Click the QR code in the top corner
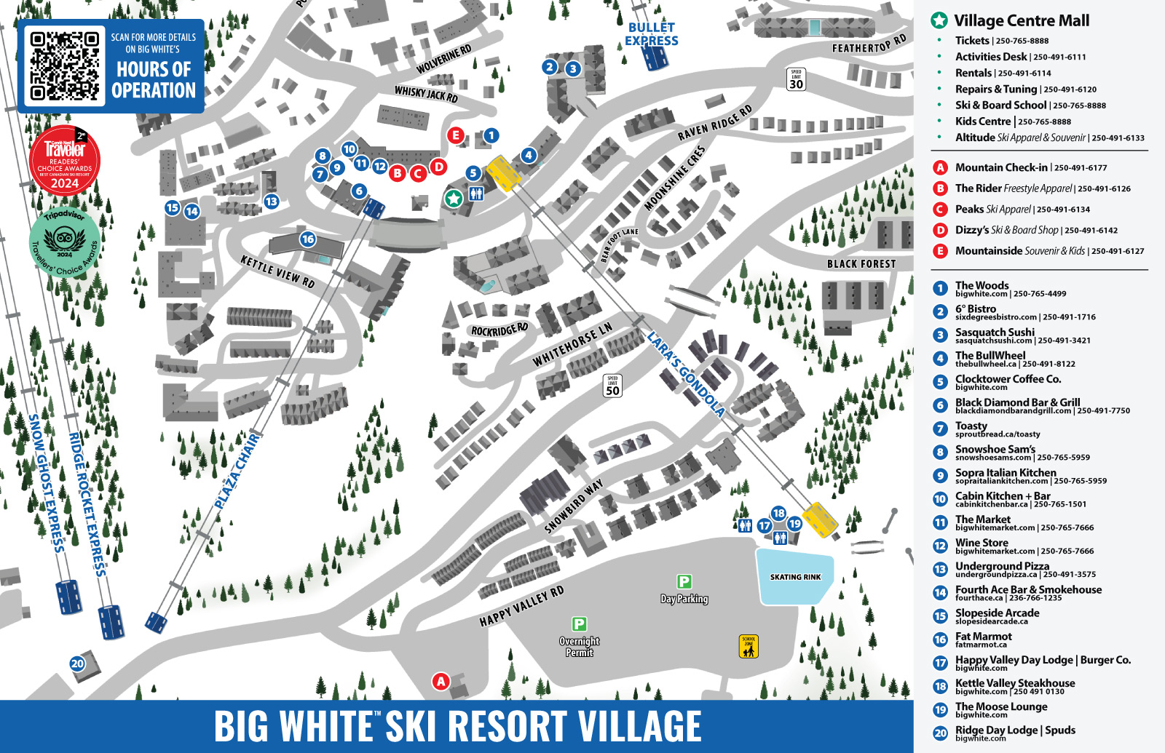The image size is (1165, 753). click(x=64, y=65)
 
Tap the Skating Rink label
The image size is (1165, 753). click(x=795, y=577)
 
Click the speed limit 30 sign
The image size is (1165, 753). click(x=796, y=79)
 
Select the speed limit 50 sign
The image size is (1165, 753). click(x=612, y=386)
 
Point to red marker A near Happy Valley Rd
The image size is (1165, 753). click(x=441, y=681)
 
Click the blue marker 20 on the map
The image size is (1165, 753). click(x=77, y=664)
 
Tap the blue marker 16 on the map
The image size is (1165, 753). click(x=307, y=239)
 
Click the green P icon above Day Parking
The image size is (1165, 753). click(x=684, y=581)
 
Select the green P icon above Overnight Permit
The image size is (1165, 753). click(x=579, y=623)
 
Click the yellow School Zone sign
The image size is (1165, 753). click(x=749, y=646)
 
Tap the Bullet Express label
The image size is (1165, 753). click(x=652, y=34)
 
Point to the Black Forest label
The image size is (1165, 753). click(x=861, y=264)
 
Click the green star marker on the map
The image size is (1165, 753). click(x=454, y=198)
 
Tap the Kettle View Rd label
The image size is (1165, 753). click(x=277, y=271)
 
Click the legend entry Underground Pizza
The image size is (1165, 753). click(x=1002, y=566)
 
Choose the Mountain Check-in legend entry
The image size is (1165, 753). click(x=1001, y=167)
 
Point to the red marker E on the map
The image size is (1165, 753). click(x=456, y=135)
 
